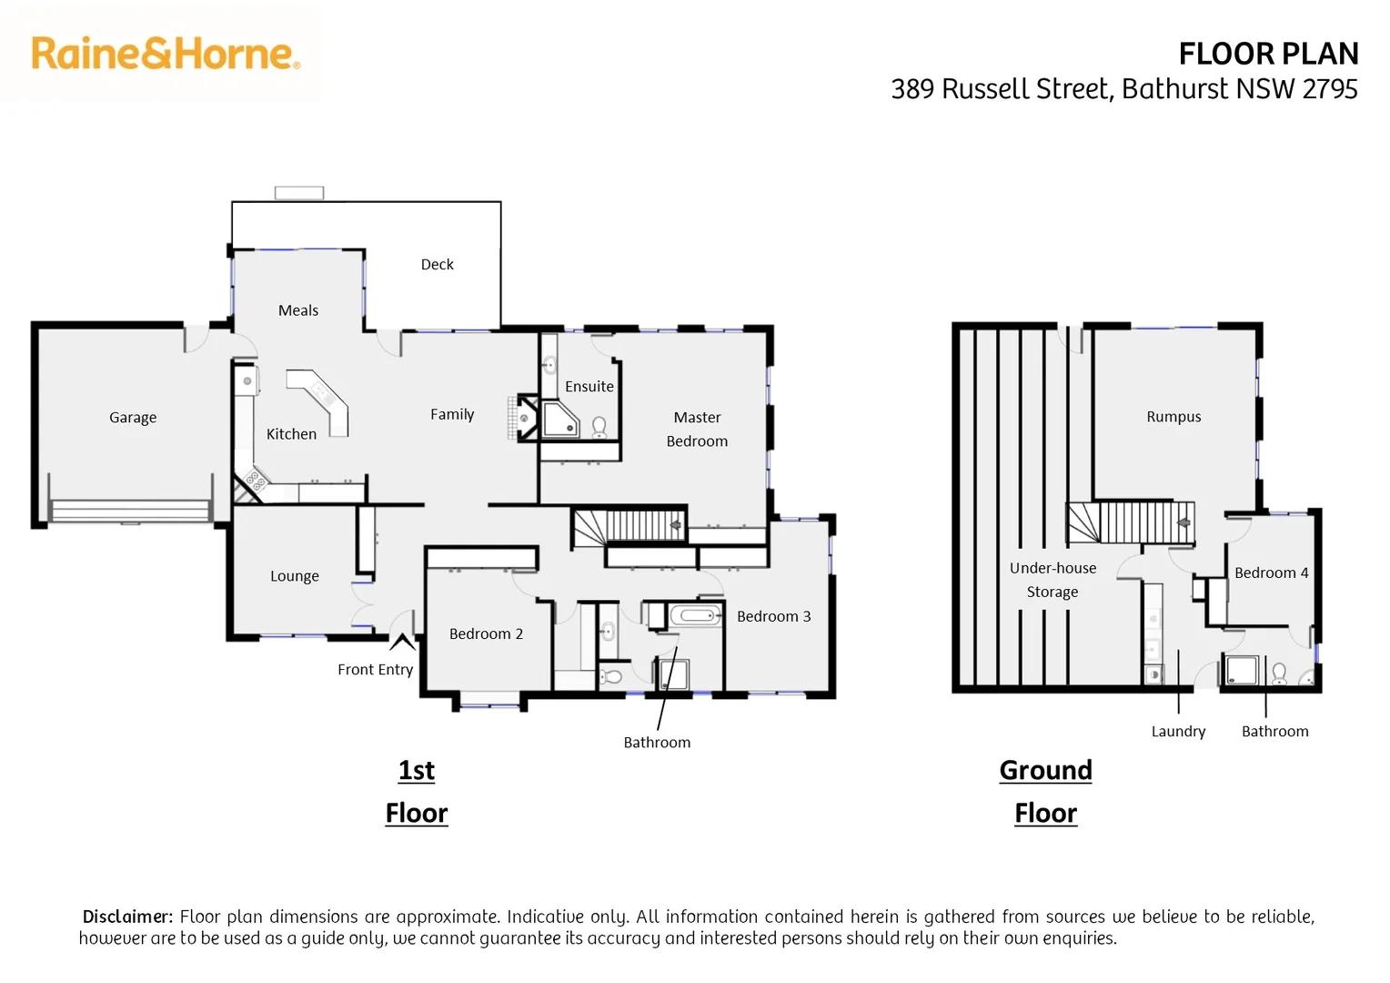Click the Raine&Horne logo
165,54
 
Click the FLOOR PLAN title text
1268,54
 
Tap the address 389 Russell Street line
1123,89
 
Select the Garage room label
133,418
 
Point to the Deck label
437,265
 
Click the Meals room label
298,310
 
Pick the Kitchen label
291,434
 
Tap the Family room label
452,414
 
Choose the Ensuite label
589,387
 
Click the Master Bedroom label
697,429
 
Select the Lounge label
295,576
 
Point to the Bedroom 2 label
486,634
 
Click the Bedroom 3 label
773,617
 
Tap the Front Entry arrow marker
402,643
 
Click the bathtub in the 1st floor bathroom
697,616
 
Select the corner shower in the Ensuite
559,420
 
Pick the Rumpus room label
1173,417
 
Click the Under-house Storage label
1053,580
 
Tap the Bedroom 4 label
1271,573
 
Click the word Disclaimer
127,917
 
